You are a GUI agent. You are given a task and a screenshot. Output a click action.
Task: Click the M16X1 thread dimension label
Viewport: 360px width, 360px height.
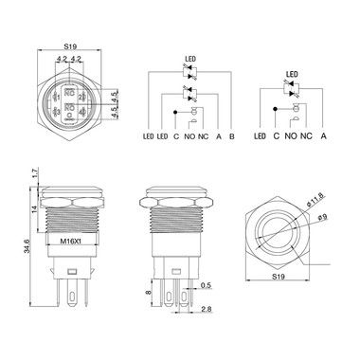(70, 241)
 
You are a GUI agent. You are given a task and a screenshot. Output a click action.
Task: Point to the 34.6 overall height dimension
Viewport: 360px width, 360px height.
(27, 246)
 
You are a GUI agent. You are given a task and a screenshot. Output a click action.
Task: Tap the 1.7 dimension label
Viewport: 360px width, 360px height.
(35, 173)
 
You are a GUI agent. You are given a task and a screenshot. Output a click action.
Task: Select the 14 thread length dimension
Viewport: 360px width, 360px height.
(35, 208)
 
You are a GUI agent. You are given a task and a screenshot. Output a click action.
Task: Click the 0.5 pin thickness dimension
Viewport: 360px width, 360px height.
(206, 285)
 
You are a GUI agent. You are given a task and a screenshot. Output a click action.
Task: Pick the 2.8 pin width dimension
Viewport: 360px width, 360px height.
(207, 309)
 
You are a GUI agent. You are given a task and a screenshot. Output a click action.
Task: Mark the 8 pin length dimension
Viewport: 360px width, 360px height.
(149, 293)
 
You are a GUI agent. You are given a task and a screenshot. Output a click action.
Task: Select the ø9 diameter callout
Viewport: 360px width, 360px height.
(323, 217)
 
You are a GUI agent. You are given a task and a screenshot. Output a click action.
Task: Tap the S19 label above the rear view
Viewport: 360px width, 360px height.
(70, 46)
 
